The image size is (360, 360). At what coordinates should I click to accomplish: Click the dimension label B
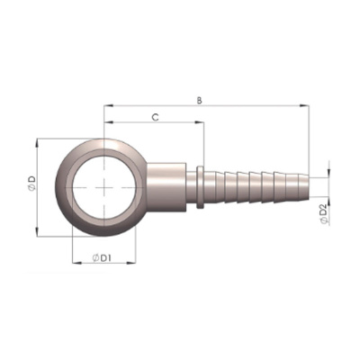tap(199, 100)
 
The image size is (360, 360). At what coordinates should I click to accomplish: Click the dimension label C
tap(155, 118)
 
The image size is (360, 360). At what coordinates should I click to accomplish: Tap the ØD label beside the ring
tap(31, 184)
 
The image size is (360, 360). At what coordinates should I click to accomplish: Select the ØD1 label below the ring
tap(102, 257)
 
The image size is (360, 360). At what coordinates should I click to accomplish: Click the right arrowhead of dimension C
tap(200, 122)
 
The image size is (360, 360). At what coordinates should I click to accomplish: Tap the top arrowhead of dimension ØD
tap(37, 143)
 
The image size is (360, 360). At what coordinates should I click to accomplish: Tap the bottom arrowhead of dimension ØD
tap(37, 232)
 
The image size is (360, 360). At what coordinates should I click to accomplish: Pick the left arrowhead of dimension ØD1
tap(77, 263)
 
